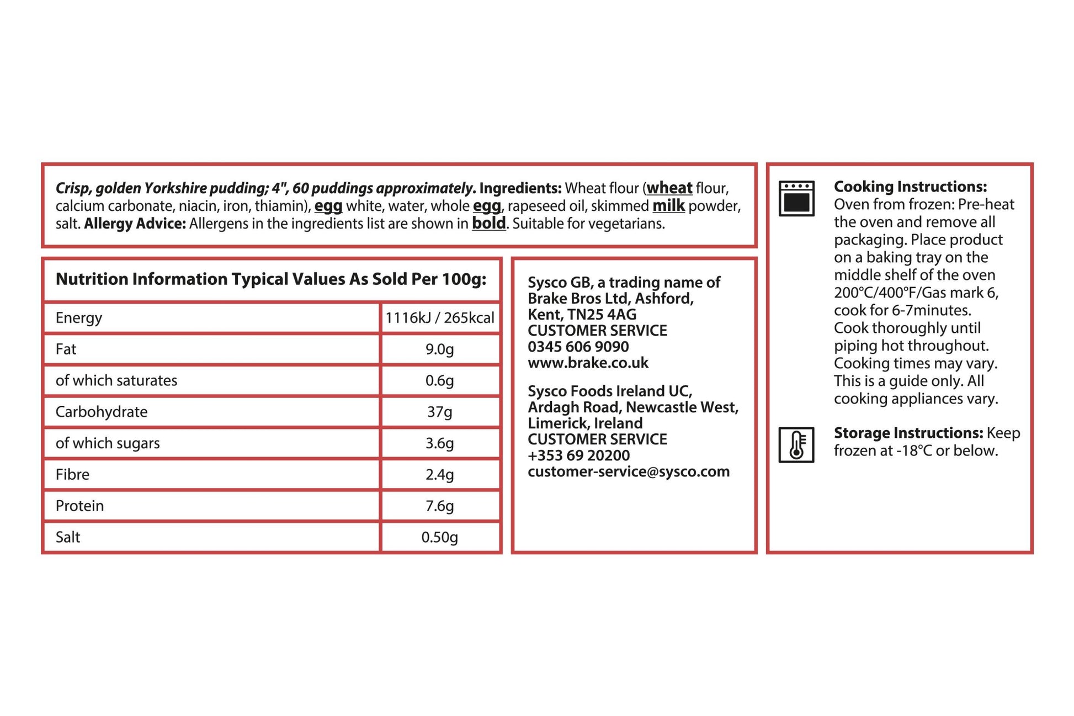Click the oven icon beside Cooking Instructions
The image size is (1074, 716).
796,198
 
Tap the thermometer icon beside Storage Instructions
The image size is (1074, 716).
796,444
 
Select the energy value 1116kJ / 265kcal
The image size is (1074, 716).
439,318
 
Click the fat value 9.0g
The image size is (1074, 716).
439,349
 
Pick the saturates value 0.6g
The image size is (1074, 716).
439,381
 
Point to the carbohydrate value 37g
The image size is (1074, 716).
439,412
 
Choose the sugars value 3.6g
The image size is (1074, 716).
439,443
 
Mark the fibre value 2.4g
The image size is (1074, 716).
439,475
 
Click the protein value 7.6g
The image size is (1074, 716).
439,506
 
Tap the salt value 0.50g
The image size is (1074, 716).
439,537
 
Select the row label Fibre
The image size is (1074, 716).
72,475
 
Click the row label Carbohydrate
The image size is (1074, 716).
102,412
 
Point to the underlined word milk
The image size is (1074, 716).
668,206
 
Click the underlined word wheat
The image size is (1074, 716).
669,188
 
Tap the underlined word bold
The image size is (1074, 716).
488,224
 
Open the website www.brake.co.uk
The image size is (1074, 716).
588,363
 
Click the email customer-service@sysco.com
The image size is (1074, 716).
629,471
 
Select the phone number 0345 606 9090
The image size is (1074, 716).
578,347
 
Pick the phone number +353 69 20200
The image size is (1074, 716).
578,455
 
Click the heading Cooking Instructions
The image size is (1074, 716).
910,187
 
